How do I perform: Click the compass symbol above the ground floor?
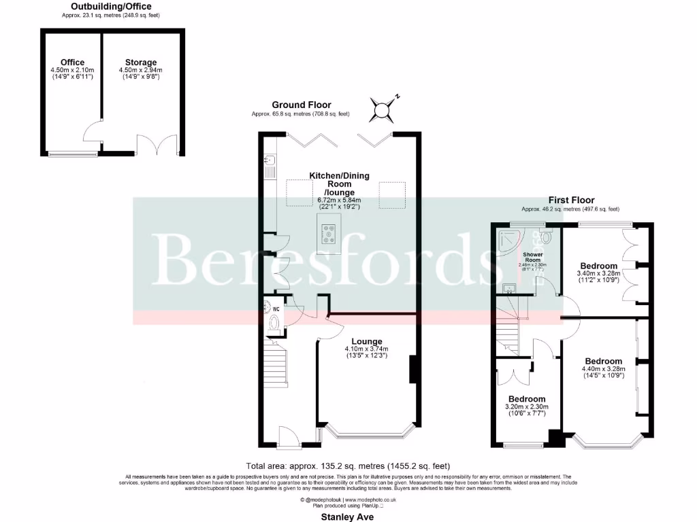383,107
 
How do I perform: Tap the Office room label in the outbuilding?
72,63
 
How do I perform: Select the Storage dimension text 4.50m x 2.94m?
141,70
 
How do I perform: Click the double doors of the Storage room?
150,145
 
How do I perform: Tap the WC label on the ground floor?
276,309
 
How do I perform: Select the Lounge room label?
367,341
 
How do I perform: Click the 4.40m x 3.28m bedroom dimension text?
602,369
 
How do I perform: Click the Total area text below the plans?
348,466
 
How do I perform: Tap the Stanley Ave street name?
349,517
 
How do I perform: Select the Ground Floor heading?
302,105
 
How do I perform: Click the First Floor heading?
570,201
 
